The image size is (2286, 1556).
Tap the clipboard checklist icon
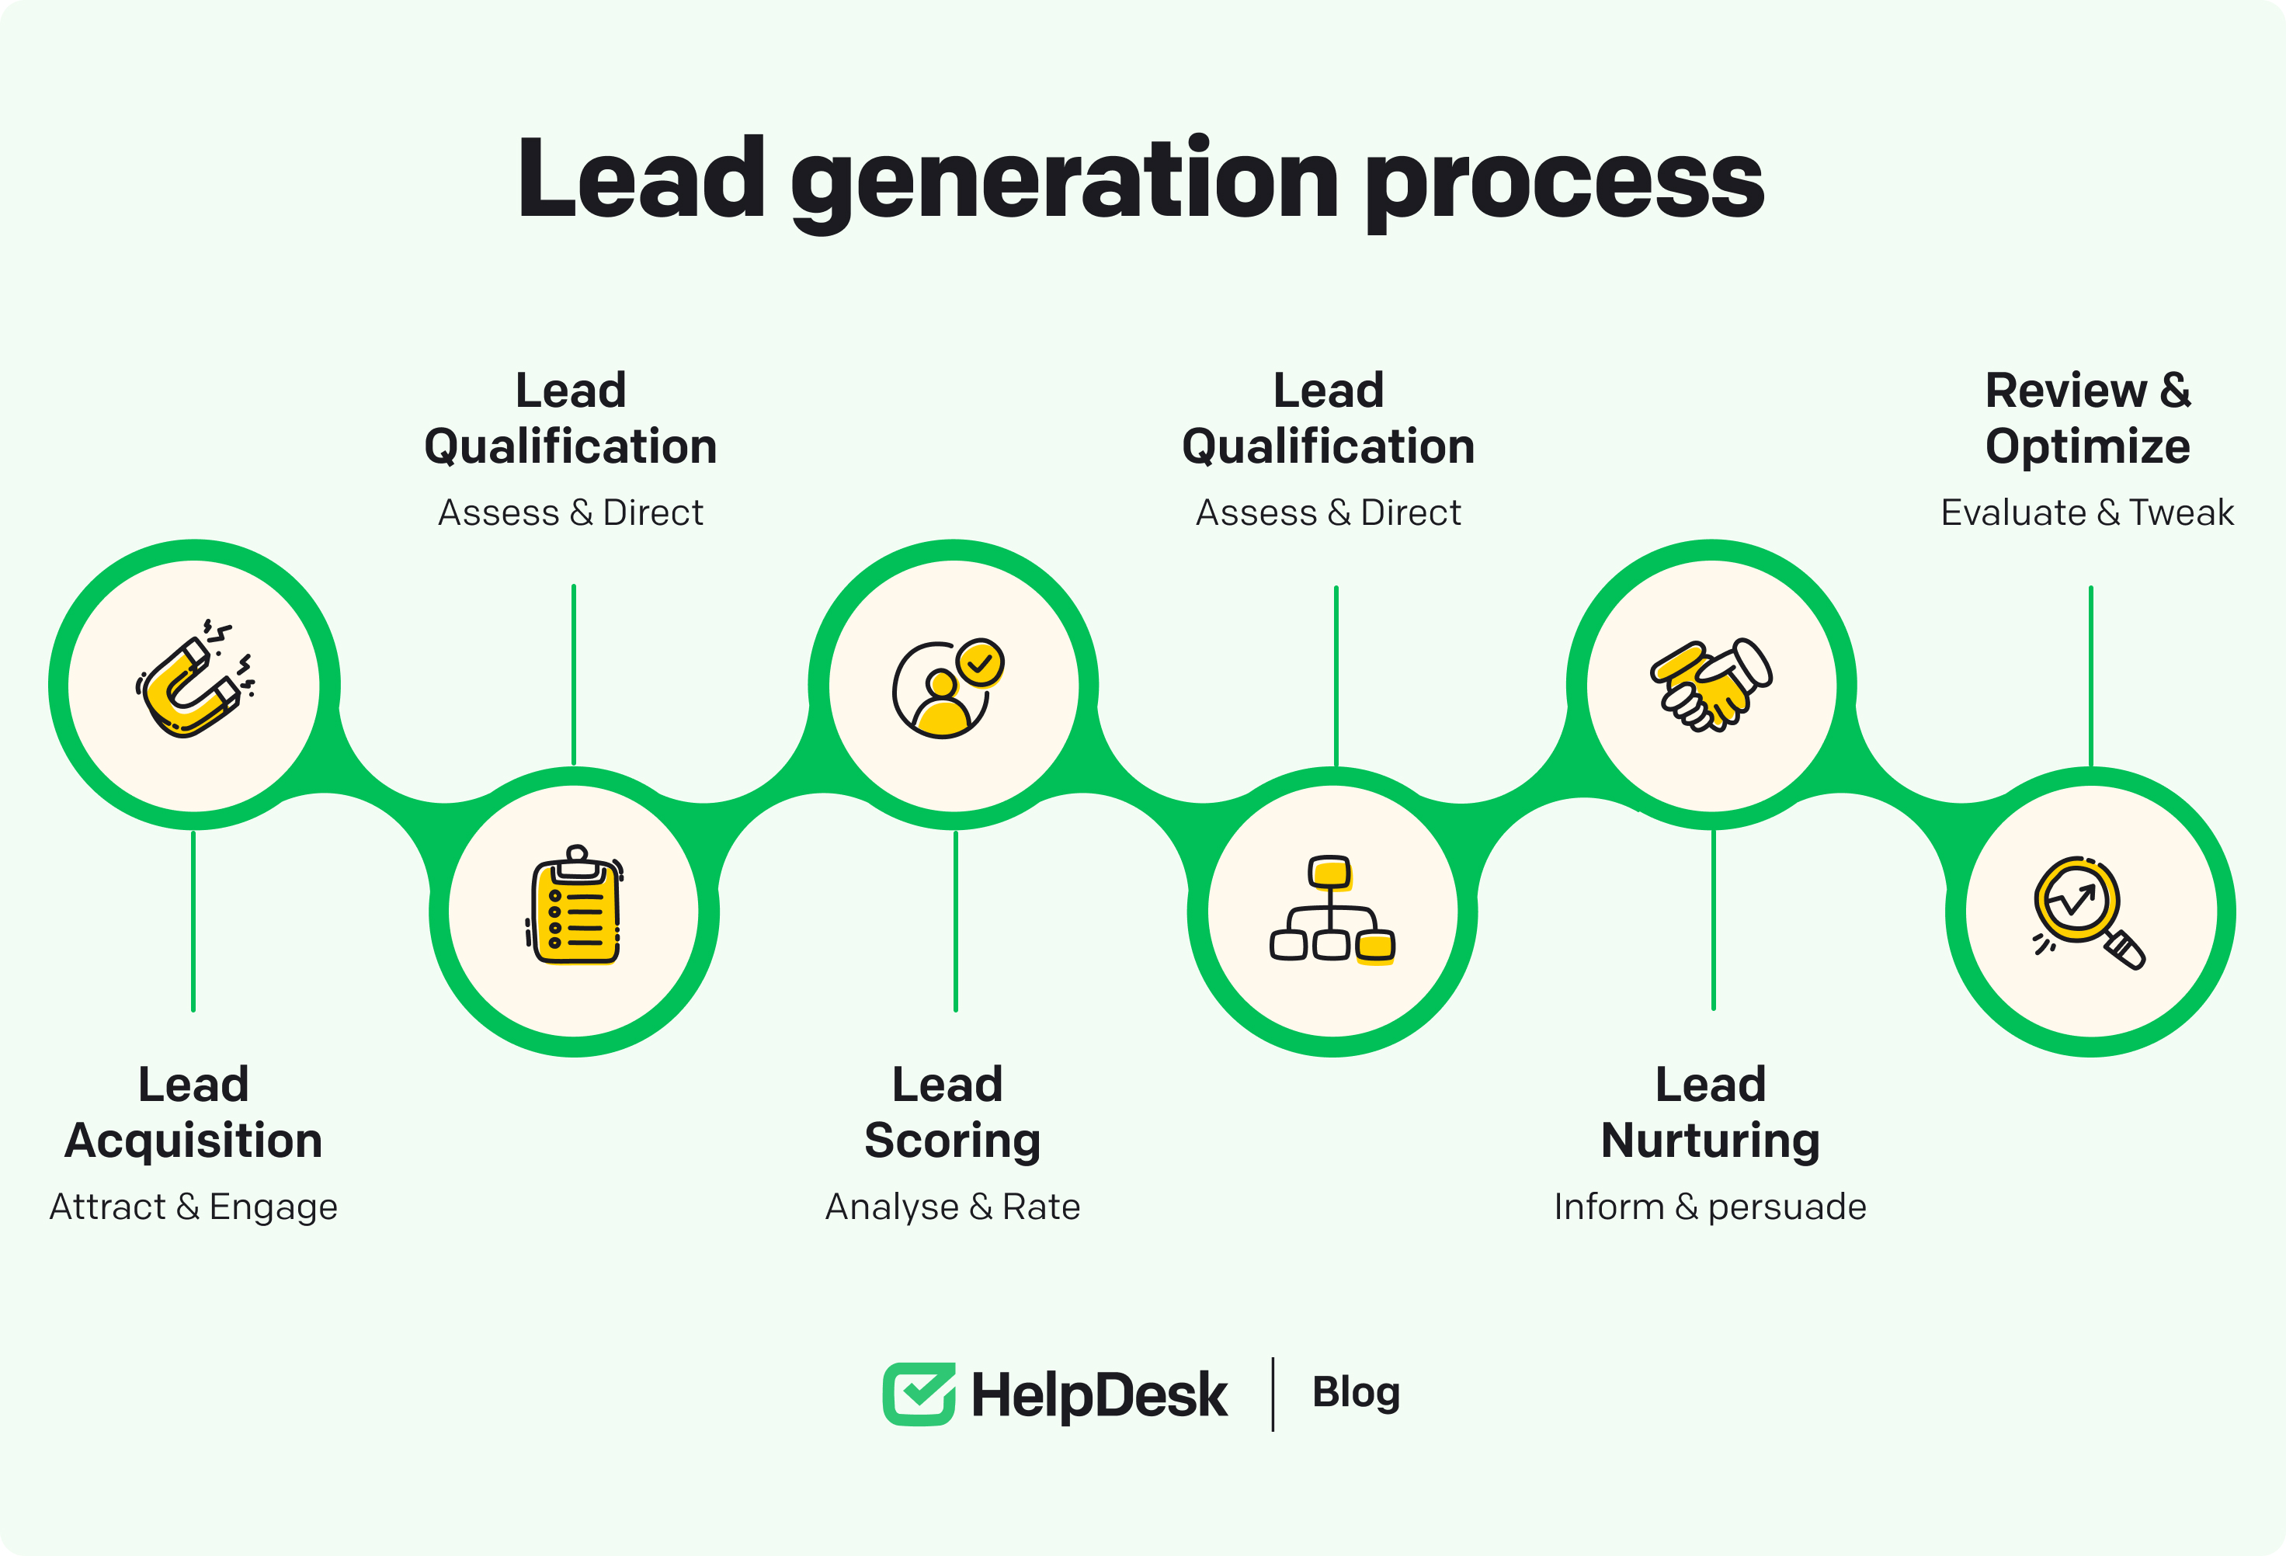coord(575,907)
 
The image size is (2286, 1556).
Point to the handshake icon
coord(1711,685)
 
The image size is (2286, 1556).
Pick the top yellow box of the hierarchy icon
coord(1330,871)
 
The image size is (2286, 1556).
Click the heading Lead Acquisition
coord(194,1113)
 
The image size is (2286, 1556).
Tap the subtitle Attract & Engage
coord(194,1207)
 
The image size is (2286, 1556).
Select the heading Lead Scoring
coord(951,1113)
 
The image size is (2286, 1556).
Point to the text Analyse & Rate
coord(952,1207)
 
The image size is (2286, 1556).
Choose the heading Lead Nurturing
coord(1711,1113)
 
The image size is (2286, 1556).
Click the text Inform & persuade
coord(1711,1207)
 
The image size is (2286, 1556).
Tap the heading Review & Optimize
coord(2087,418)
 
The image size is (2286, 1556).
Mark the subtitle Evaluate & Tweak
coord(2087,512)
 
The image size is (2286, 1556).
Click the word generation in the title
coord(1065,182)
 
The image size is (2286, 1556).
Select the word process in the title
coord(1564,182)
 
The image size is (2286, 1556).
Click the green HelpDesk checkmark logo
coord(919,1394)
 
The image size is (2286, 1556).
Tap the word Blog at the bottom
coord(1356,1394)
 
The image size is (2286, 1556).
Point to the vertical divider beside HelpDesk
coord(1273,1394)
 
